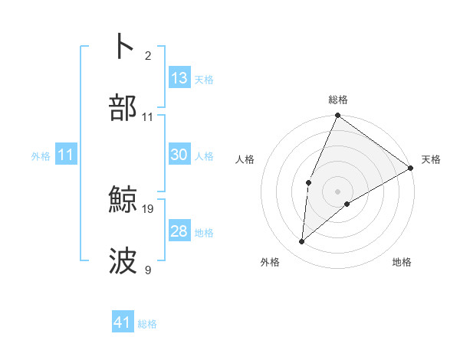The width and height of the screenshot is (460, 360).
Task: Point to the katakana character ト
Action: (x=124, y=47)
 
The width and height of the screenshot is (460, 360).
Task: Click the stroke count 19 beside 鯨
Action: (x=149, y=208)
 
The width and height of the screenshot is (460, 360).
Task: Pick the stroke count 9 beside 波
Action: (x=148, y=270)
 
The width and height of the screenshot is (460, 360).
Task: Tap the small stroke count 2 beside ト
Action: (x=148, y=55)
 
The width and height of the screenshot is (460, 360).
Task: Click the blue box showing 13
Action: (x=179, y=78)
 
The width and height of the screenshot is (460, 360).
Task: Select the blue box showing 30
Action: (x=179, y=155)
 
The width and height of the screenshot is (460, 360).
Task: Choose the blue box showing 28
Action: (x=179, y=231)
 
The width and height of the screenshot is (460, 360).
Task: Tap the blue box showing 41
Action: (x=123, y=322)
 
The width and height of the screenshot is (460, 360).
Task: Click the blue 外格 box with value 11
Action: (x=66, y=155)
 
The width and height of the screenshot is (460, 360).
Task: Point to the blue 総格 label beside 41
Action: (x=147, y=324)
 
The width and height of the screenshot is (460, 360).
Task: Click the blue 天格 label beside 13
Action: (x=204, y=80)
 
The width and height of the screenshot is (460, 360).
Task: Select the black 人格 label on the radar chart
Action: (x=245, y=160)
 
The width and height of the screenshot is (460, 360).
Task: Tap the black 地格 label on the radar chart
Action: (x=402, y=263)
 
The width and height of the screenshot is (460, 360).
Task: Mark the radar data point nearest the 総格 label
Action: (x=337, y=116)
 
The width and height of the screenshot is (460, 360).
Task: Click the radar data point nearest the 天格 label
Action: (x=411, y=168)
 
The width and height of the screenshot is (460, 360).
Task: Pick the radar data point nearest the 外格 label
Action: (x=301, y=242)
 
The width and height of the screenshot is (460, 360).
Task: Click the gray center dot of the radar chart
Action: (x=337, y=191)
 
